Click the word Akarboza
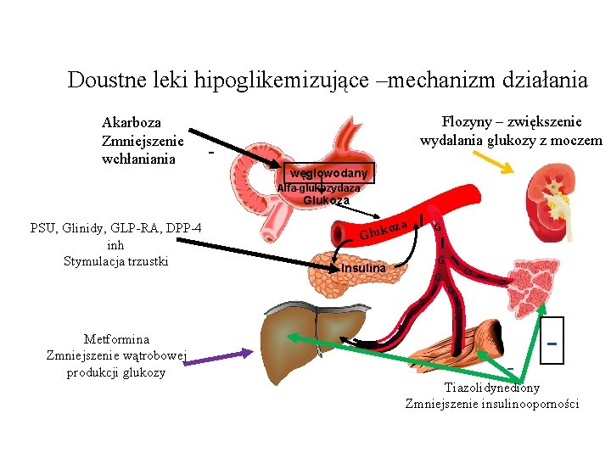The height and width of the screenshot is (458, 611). [131, 124]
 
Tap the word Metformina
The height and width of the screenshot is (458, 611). [116, 339]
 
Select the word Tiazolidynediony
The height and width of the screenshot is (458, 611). [491, 388]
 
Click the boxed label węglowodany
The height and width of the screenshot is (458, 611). [328, 173]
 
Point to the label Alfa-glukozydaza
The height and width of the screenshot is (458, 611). [318, 188]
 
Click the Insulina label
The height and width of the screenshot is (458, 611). [363, 268]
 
